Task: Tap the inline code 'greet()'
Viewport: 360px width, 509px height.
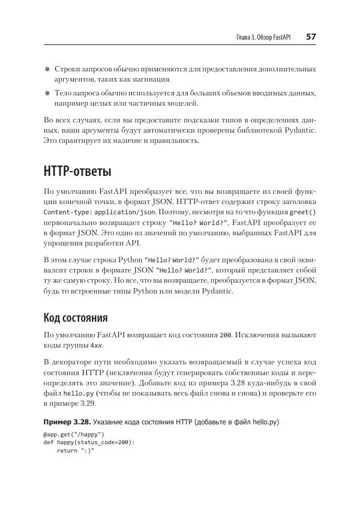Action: pyautogui.click(x=303, y=212)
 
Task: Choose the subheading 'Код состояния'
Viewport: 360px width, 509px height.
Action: pyautogui.click(x=76, y=317)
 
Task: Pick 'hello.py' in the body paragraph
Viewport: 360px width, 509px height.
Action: pyautogui.click(x=76, y=393)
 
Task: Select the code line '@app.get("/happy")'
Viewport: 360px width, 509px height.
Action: pyautogui.click(x=74, y=435)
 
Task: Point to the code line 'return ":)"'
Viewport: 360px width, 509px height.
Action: pyautogui.click(x=76, y=450)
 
